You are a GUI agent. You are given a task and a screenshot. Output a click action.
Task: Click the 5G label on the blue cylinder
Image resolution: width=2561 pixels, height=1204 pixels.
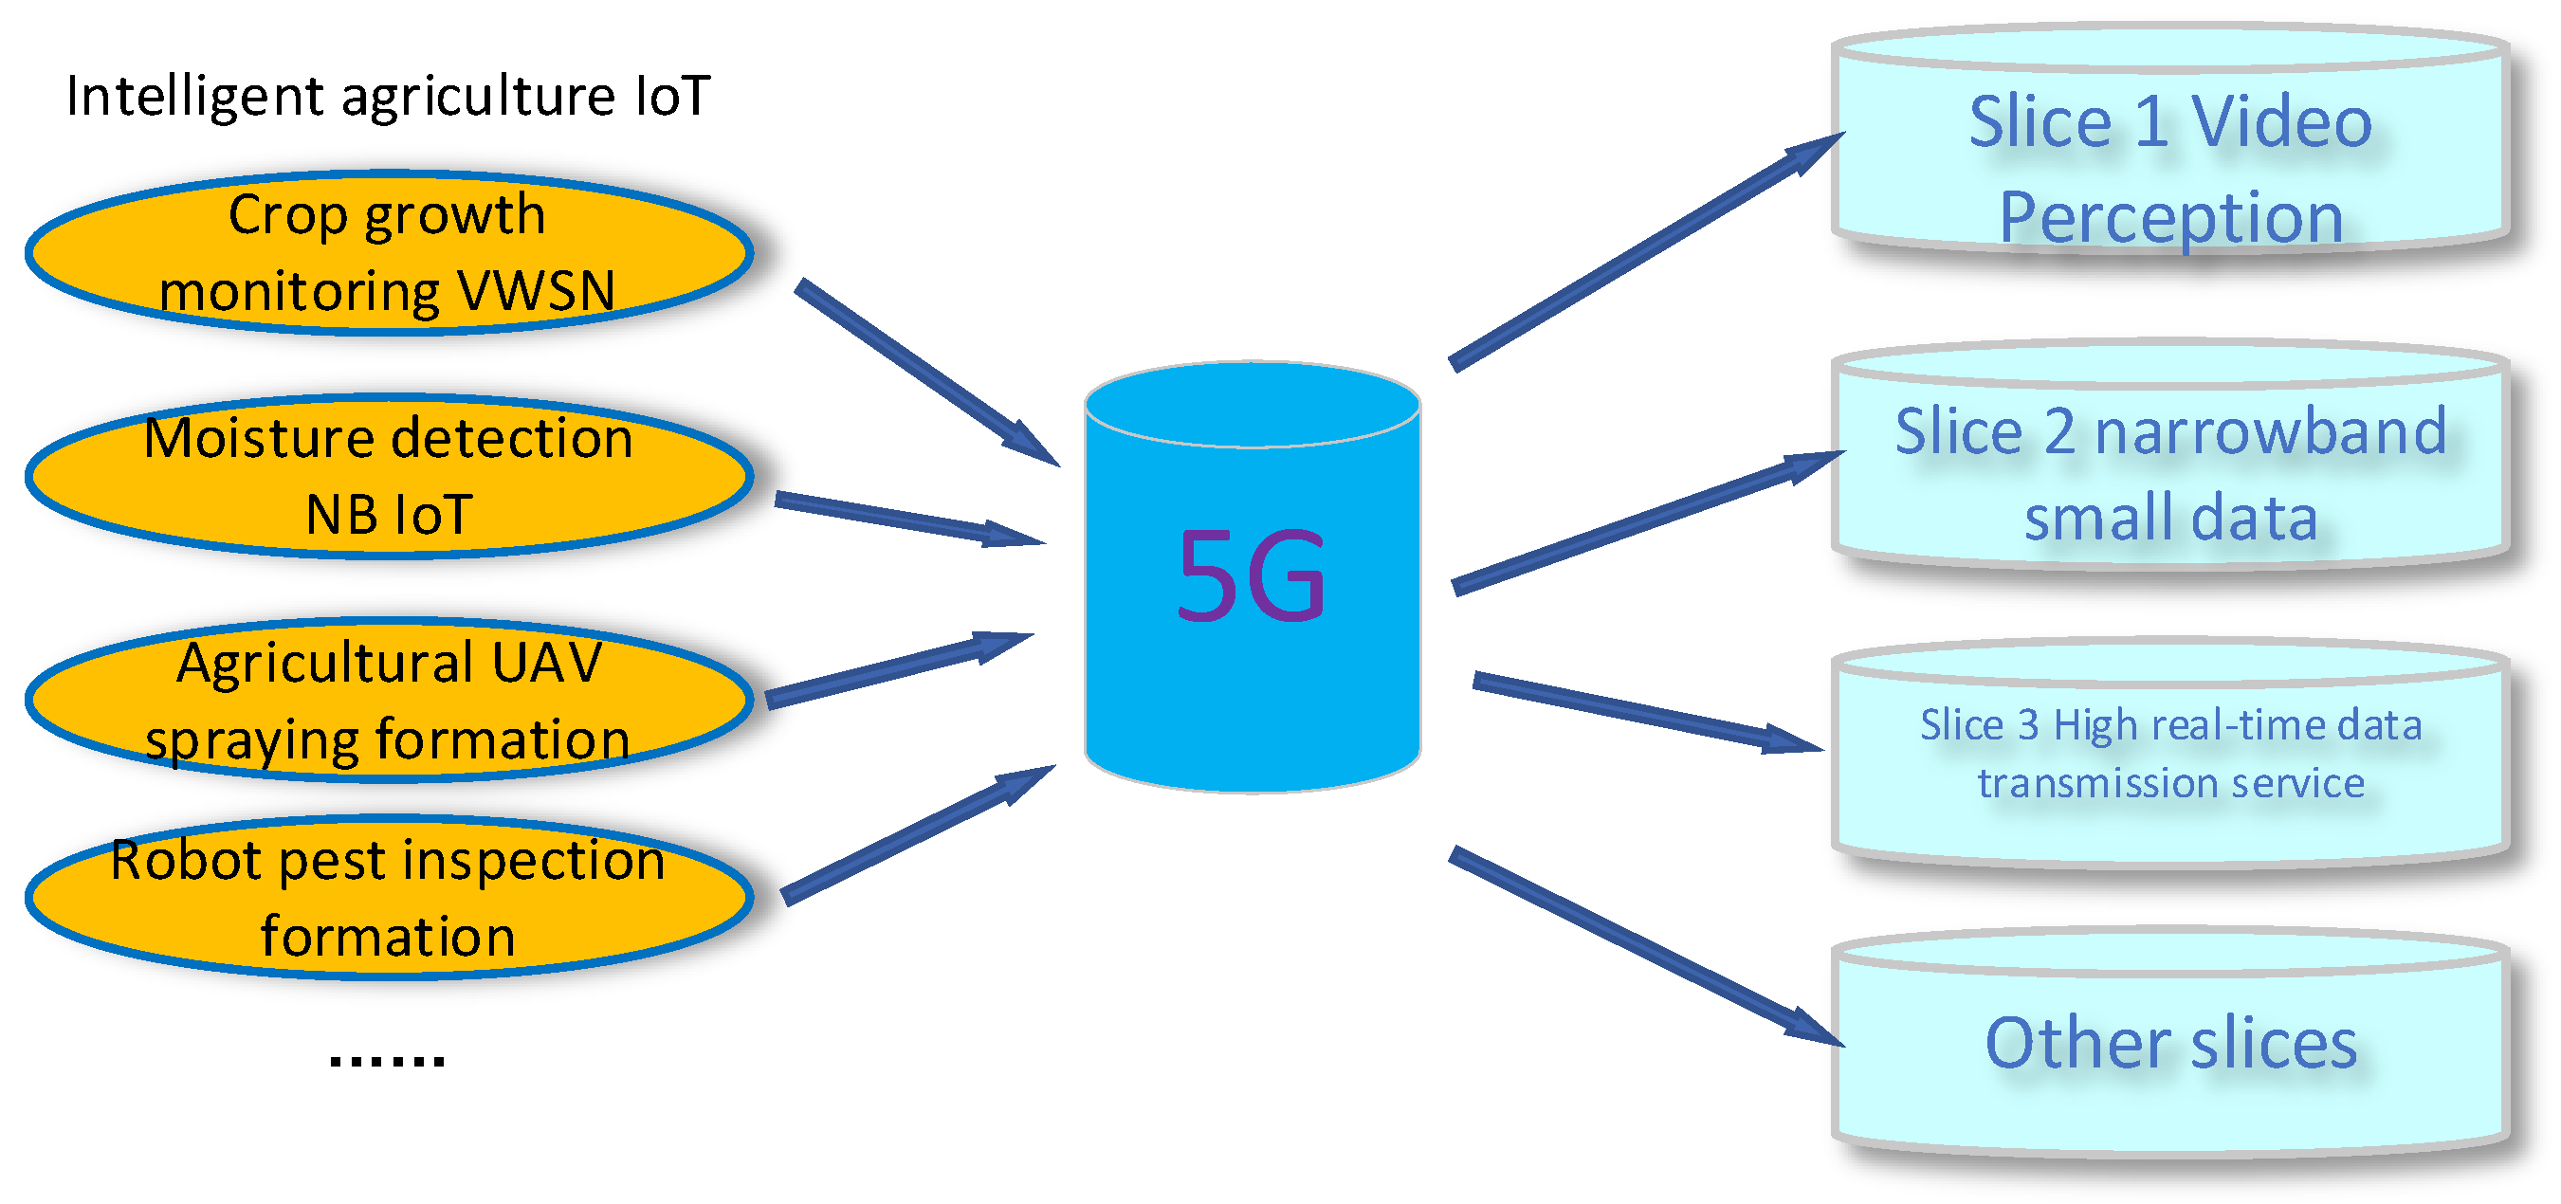click(1251, 575)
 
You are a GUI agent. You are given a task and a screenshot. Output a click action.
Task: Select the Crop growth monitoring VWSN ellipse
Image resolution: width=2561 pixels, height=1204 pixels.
click(388, 253)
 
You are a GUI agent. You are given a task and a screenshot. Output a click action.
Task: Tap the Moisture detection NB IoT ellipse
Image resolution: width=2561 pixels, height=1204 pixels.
click(388, 476)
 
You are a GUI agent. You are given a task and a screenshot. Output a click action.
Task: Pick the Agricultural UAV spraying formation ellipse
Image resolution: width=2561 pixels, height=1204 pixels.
click(388, 701)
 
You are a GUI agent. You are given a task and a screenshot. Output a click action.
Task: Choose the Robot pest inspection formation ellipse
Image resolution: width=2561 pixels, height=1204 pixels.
click(388, 898)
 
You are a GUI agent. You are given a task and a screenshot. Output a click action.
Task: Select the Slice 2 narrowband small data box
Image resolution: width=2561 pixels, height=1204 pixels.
click(2169, 475)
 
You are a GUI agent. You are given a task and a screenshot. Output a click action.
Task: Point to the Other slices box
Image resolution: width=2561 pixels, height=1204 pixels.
click(2169, 1044)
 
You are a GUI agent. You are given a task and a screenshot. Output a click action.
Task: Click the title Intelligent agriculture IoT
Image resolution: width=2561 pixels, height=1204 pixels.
click(388, 97)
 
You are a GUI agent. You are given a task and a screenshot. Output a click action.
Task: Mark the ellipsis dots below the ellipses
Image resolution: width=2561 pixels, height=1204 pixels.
click(387, 1060)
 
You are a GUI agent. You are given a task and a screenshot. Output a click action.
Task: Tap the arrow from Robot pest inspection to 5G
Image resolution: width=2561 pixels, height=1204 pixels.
click(915, 835)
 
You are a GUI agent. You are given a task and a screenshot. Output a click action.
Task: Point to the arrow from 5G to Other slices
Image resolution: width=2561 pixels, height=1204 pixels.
click(1644, 945)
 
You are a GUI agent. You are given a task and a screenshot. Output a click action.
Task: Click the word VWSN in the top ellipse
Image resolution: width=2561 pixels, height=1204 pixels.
click(537, 291)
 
